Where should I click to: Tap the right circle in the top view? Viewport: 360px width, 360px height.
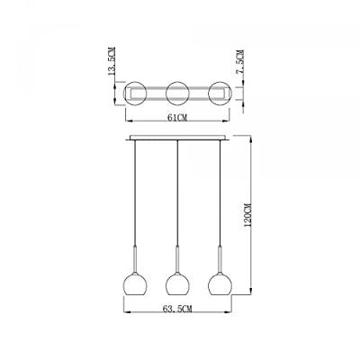tap(216, 93)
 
